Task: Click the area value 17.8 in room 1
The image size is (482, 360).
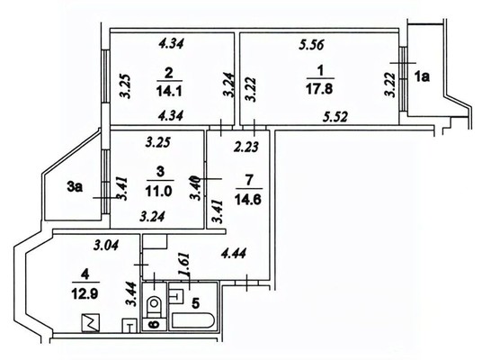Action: [x=319, y=89]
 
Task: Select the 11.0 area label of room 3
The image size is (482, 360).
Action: [x=159, y=191]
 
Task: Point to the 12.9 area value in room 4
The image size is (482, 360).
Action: [x=85, y=293]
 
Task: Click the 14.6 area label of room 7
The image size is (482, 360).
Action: [x=248, y=200]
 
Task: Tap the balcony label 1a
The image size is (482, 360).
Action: [x=422, y=76]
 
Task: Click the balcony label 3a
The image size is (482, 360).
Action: [x=75, y=187]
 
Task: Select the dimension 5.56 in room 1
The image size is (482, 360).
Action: [x=312, y=45]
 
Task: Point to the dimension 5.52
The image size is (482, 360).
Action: [x=335, y=117]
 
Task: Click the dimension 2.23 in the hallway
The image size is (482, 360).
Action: [x=245, y=147]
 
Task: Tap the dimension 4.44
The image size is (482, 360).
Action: [x=233, y=254]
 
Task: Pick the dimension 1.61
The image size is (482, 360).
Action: [x=183, y=265]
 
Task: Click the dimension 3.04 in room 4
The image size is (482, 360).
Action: [x=106, y=245]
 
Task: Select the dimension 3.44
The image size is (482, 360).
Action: [x=131, y=293]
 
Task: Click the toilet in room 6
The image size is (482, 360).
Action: [x=154, y=307]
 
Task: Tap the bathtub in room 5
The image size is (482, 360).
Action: [x=192, y=320]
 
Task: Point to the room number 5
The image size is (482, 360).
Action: [x=195, y=303]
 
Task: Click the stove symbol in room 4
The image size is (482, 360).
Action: [x=91, y=322]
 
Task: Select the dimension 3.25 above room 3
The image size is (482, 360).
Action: [x=157, y=143]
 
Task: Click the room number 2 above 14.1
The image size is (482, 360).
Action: [x=169, y=74]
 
